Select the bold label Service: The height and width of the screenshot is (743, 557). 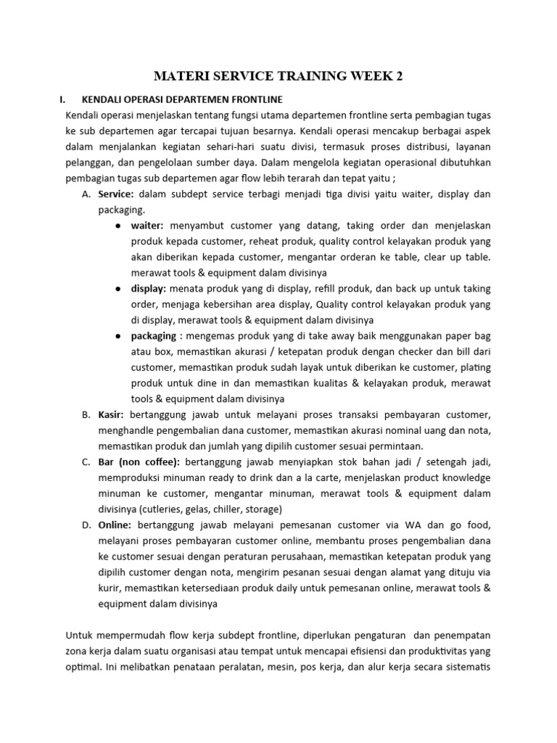coord(116,194)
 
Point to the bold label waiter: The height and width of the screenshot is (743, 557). coord(148,226)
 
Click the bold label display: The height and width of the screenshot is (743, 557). coord(148,288)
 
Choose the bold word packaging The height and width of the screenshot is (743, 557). coord(154,336)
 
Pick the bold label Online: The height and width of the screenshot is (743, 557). coord(115,525)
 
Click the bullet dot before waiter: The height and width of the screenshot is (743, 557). coord(117,226)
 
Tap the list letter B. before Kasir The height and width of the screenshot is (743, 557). coord(86,414)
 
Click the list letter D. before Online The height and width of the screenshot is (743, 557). coord(86,525)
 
